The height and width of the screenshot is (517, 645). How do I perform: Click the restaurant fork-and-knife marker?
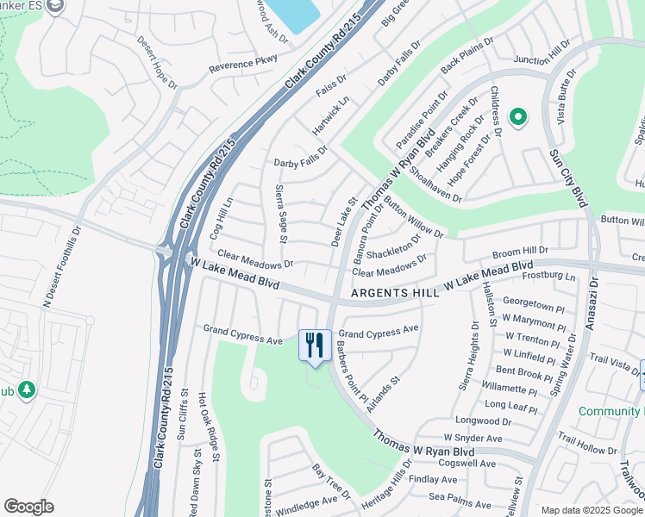[x=314, y=346]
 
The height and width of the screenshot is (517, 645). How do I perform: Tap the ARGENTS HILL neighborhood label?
[x=393, y=295]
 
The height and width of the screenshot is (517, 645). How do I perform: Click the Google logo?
[x=28, y=507]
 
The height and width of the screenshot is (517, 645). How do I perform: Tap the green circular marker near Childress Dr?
[x=517, y=117]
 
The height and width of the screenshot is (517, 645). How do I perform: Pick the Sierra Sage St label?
[x=280, y=214]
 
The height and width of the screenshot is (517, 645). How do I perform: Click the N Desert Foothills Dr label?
[x=59, y=266]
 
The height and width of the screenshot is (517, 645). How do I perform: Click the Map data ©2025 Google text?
[x=592, y=510]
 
